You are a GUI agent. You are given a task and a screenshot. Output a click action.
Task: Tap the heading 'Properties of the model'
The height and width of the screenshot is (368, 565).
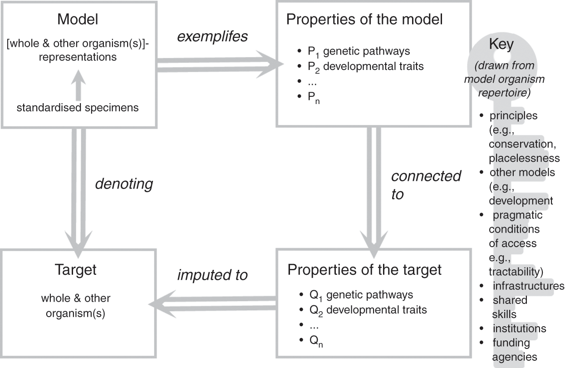point(365,20)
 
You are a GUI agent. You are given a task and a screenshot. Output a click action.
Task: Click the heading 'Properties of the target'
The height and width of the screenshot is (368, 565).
point(365,270)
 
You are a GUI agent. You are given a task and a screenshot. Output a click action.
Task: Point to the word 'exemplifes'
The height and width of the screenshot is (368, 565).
point(212,36)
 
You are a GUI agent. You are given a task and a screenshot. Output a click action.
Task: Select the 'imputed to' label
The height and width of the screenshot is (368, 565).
point(212,275)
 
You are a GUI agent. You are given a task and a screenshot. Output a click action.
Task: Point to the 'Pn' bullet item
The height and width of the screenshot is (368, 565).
point(314,97)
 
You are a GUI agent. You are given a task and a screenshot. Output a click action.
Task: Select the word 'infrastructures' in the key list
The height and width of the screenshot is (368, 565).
point(528,286)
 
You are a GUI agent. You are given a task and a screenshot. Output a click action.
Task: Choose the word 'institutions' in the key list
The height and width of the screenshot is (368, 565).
point(519,328)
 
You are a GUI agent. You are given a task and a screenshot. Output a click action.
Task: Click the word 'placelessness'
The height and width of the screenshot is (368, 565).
point(524,158)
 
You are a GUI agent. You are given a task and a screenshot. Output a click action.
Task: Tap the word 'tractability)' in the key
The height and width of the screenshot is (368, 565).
point(516,272)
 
